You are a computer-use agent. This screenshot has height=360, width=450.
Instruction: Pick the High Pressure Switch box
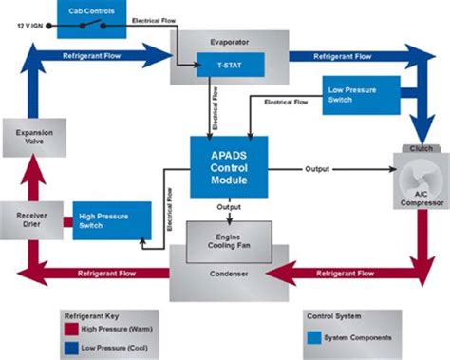[x=112, y=220]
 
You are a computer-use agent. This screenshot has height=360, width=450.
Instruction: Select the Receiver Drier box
[x=31, y=220]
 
